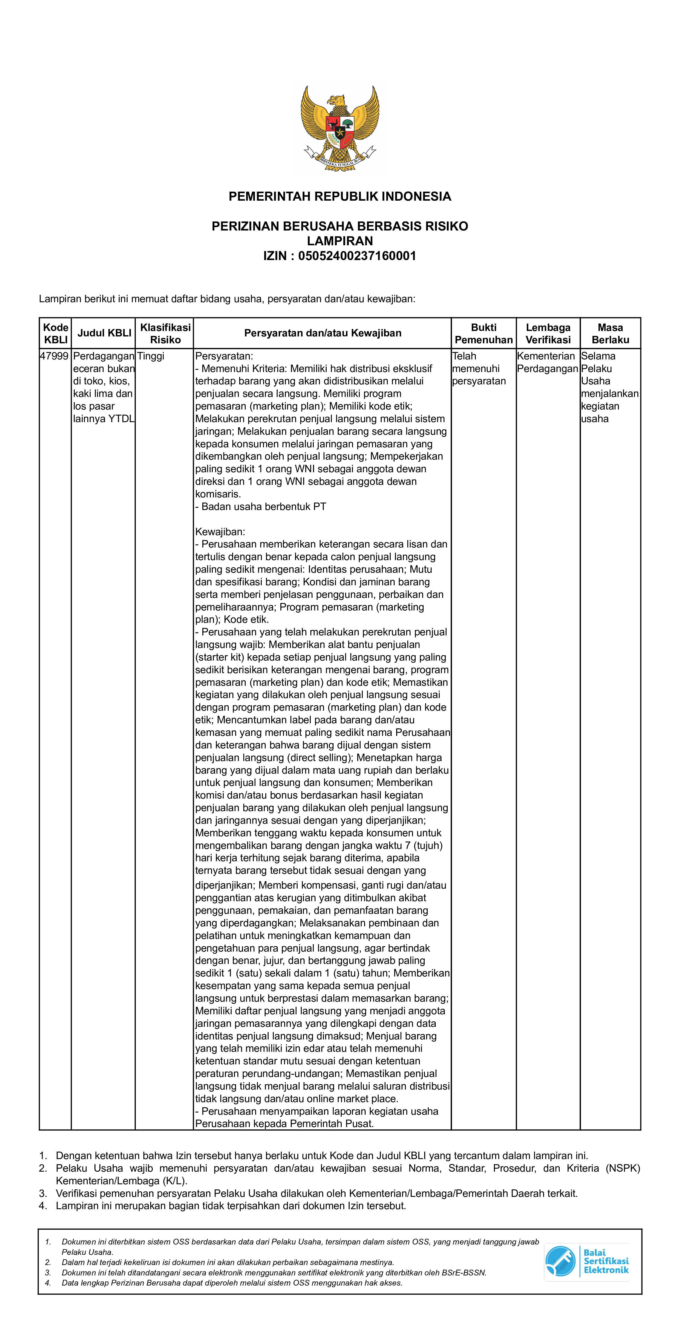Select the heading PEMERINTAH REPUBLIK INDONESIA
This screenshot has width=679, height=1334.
[x=340, y=197]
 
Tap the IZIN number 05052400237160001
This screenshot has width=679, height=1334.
[x=357, y=256]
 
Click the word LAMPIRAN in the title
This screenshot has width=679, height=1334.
[x=340, y=241]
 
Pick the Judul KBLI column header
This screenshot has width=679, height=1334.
[x=104, y=333]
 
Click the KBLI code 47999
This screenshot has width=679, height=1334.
[x=54, y=356]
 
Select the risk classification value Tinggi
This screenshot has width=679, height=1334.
[x=151, y=356]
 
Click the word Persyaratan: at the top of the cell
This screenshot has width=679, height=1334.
[x=224, y=356]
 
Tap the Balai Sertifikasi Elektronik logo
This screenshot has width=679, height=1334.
[x=586, y=1261]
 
